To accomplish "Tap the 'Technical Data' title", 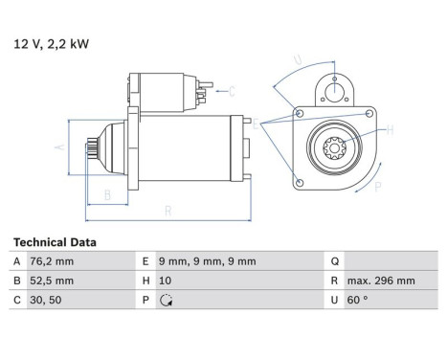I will tap(55, 243).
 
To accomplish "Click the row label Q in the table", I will tap(333, 261).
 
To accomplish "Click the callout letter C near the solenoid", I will tap(231, 91).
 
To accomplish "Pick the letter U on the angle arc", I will tap(299, 60).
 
